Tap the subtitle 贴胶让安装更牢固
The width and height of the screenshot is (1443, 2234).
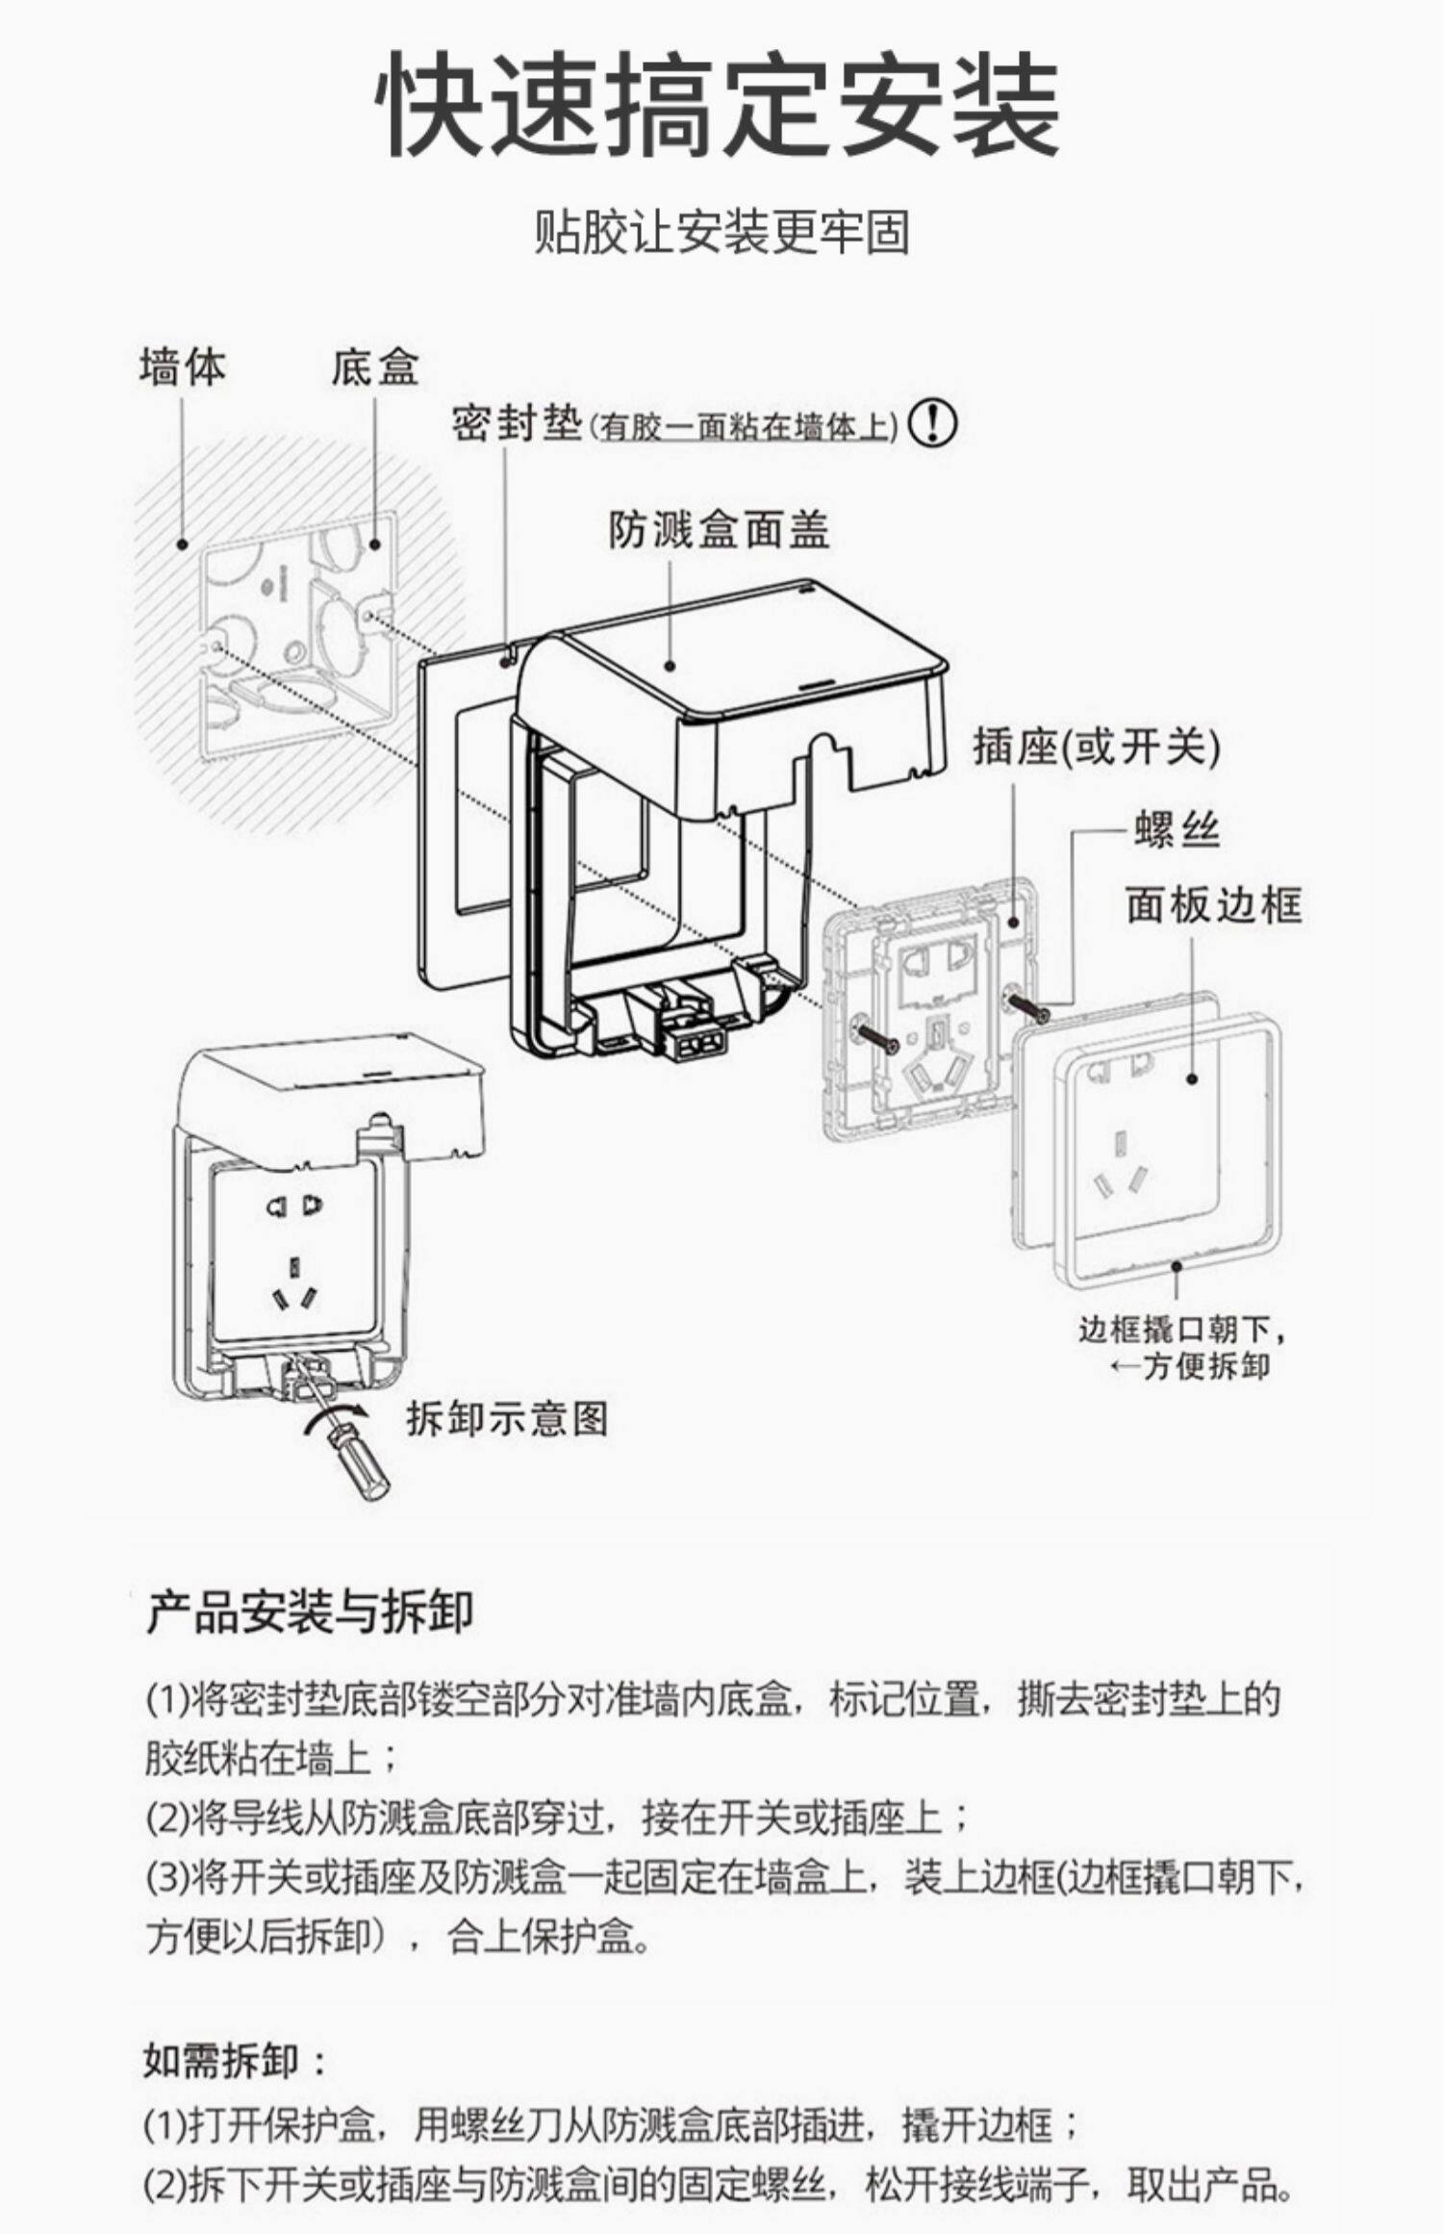coord(721,234)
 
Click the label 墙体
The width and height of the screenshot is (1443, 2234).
coord(182,368)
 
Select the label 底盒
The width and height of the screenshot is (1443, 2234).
coord(375,368)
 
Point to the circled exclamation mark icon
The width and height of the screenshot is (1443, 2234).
coord(933,423)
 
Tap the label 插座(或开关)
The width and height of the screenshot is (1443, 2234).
coord(1096,748)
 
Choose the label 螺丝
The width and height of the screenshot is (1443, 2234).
coord(1176,828)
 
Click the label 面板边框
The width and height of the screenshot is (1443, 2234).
coord(1214,905)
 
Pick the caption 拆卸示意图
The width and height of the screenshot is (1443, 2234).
coord(507,1418)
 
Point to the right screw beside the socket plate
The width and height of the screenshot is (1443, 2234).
coord(1026,1006)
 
